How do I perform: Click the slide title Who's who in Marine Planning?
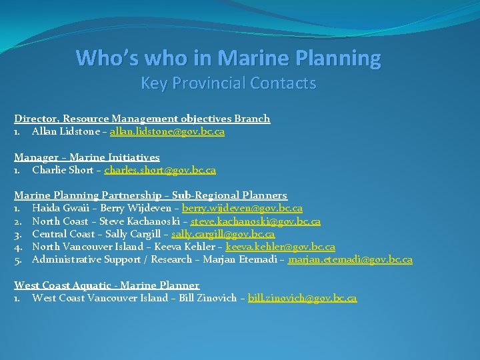pyautogui.click(x=229, y=59)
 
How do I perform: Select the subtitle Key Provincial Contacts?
pyautogui.click(x=228, y=83)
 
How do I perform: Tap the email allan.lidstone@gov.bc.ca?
pyautogui.click(x=167, y=132)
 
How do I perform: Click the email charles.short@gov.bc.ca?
pyautogui.click(x=160, y=170)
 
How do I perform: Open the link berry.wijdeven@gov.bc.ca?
pyautogui.click(x=242, y=209)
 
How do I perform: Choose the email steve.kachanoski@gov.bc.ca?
pyautogui.click(x=255, y=221)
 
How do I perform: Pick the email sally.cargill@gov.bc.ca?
pyautogui.click(x=223, y=234)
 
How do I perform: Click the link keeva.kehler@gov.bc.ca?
pyautogui.click(x=280, y=247)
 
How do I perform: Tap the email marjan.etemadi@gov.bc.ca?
pyautogui.click(x=350, y=260)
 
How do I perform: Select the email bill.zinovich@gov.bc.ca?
pyautogui.click(x=302, y=298)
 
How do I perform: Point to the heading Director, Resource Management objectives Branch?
pyautogui.click(x=142, y=119)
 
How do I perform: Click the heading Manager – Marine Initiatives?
pyautogui.click(x=87, y=157)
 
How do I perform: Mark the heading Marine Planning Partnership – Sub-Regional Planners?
pyautogui.click(x=151, y=195)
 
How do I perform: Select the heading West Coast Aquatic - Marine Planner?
pyautogui.click(x=107, y=285)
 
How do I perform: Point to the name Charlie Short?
pyautogui.click(x=62, y=170)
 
